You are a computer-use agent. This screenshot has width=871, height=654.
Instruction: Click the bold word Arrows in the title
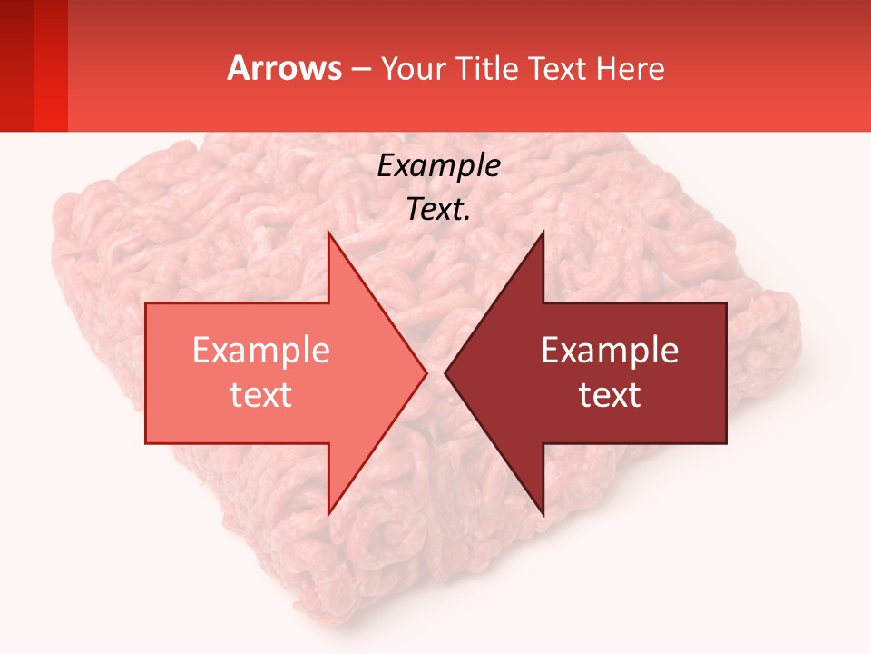[x=285, y=68]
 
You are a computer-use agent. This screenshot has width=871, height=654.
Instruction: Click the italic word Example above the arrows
[x=438, y=166]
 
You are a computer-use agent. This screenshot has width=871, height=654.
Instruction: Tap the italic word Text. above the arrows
[x=438, y=209]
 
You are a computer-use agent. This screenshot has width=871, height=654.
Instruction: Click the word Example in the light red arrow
[x=260, y=351]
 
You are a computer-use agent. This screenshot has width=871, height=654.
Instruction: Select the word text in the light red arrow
[x=260, y=395]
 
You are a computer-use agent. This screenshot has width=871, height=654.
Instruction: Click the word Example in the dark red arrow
[x=610, y=351]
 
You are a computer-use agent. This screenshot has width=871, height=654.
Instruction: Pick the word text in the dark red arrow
[x=610, y=395]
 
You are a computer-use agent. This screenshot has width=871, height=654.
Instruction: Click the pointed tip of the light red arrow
[x=425, y=372]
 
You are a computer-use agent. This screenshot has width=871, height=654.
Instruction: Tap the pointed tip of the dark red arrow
[x=447, y=372]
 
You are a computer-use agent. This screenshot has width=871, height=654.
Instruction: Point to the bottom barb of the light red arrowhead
[x=329, y=510]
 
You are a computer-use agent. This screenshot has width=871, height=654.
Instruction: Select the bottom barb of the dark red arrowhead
[x=542, y=510]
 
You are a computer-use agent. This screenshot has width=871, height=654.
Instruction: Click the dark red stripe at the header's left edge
[x=16, y=65]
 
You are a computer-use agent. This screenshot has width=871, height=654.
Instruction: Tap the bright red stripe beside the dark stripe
[x=51, y=65]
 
